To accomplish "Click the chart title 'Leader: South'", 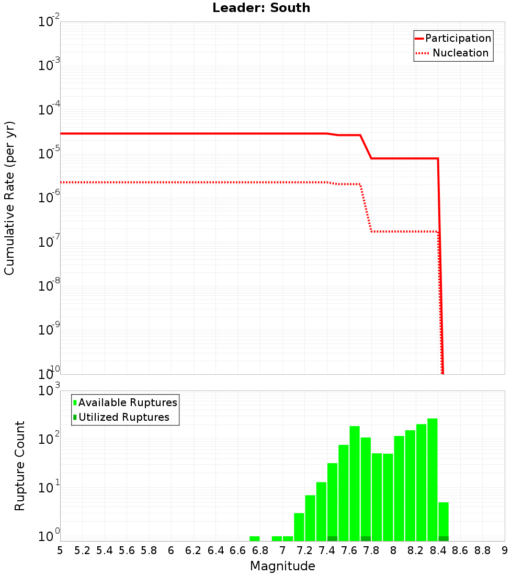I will click(x=261, y=8).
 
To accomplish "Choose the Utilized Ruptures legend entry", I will click(x=123, y=417).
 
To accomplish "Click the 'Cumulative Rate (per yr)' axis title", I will click(x=10, y=198).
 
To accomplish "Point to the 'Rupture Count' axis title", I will click(x=20, y=466).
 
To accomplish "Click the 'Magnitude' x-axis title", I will click(x=282, y=566).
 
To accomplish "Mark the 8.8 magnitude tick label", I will click(x=482, y=550).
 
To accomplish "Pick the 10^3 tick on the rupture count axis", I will click(x=49, y=391).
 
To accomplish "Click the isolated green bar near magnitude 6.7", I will click(x=254, y=538).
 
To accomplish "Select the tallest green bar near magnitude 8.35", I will click(x=432, y=478).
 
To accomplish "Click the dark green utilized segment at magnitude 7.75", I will click(x=366, y=538).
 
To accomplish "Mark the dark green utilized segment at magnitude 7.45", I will click(x=332, y=538).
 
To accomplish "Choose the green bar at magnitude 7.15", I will click(x=299, y=526).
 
